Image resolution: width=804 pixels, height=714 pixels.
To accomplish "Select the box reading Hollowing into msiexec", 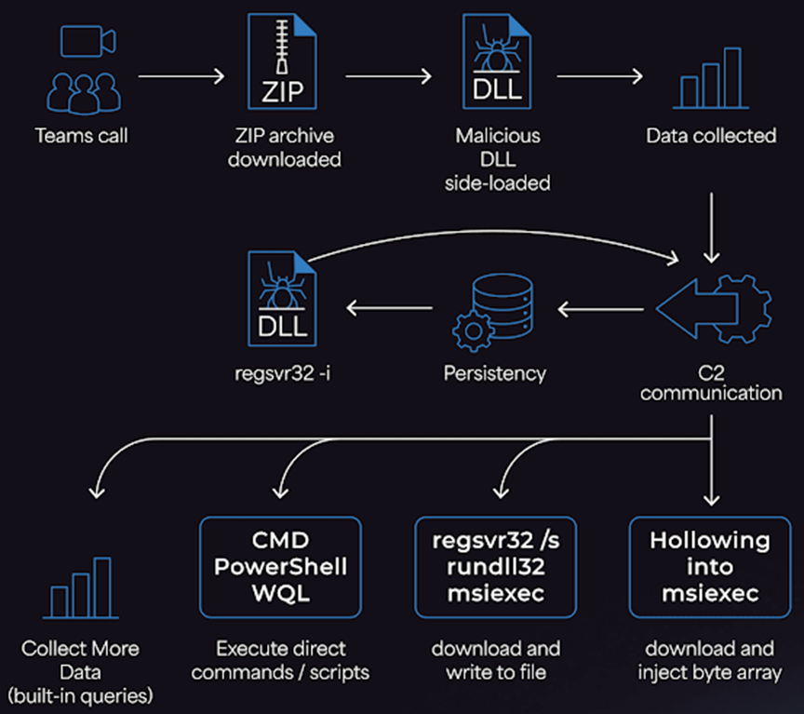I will pyautogui.click(x=710, y=566).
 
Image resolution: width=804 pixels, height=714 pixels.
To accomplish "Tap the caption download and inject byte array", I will pyautogui.click(x=711, y=659).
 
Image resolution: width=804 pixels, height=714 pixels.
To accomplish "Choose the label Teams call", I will pyautogui.click(x=81, y=136).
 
